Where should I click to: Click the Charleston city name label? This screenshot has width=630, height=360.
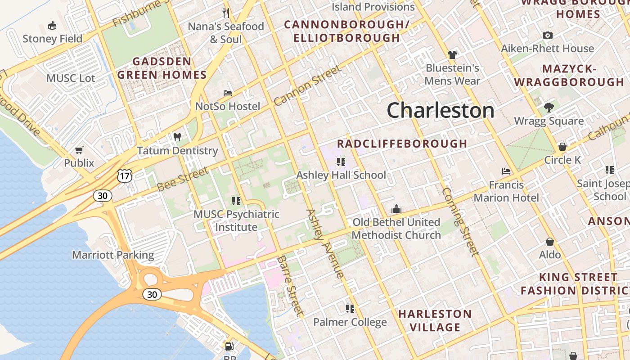441,110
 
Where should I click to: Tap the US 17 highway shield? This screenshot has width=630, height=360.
125,176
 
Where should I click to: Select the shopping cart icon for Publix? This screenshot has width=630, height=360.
79,150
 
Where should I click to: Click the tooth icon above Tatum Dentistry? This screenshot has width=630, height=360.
177,137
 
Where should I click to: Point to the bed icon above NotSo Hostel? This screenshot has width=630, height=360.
228,93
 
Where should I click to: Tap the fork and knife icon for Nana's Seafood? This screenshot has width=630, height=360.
226,13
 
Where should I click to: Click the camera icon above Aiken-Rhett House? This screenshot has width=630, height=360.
548,35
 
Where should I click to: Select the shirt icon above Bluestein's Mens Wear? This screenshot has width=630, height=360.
452,55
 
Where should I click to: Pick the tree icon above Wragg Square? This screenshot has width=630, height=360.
549,108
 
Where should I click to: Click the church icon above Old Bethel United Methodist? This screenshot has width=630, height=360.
396,209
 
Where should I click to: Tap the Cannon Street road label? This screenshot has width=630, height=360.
307,85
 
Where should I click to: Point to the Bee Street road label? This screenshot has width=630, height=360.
183,179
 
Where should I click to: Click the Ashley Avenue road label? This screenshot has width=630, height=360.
325,243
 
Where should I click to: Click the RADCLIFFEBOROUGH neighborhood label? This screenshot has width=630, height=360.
402,144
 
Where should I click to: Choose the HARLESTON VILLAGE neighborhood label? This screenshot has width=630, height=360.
435,320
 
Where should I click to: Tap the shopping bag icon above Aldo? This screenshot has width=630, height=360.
549,242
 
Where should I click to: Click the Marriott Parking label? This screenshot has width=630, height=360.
113,255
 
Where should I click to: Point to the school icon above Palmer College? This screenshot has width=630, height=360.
350,308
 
